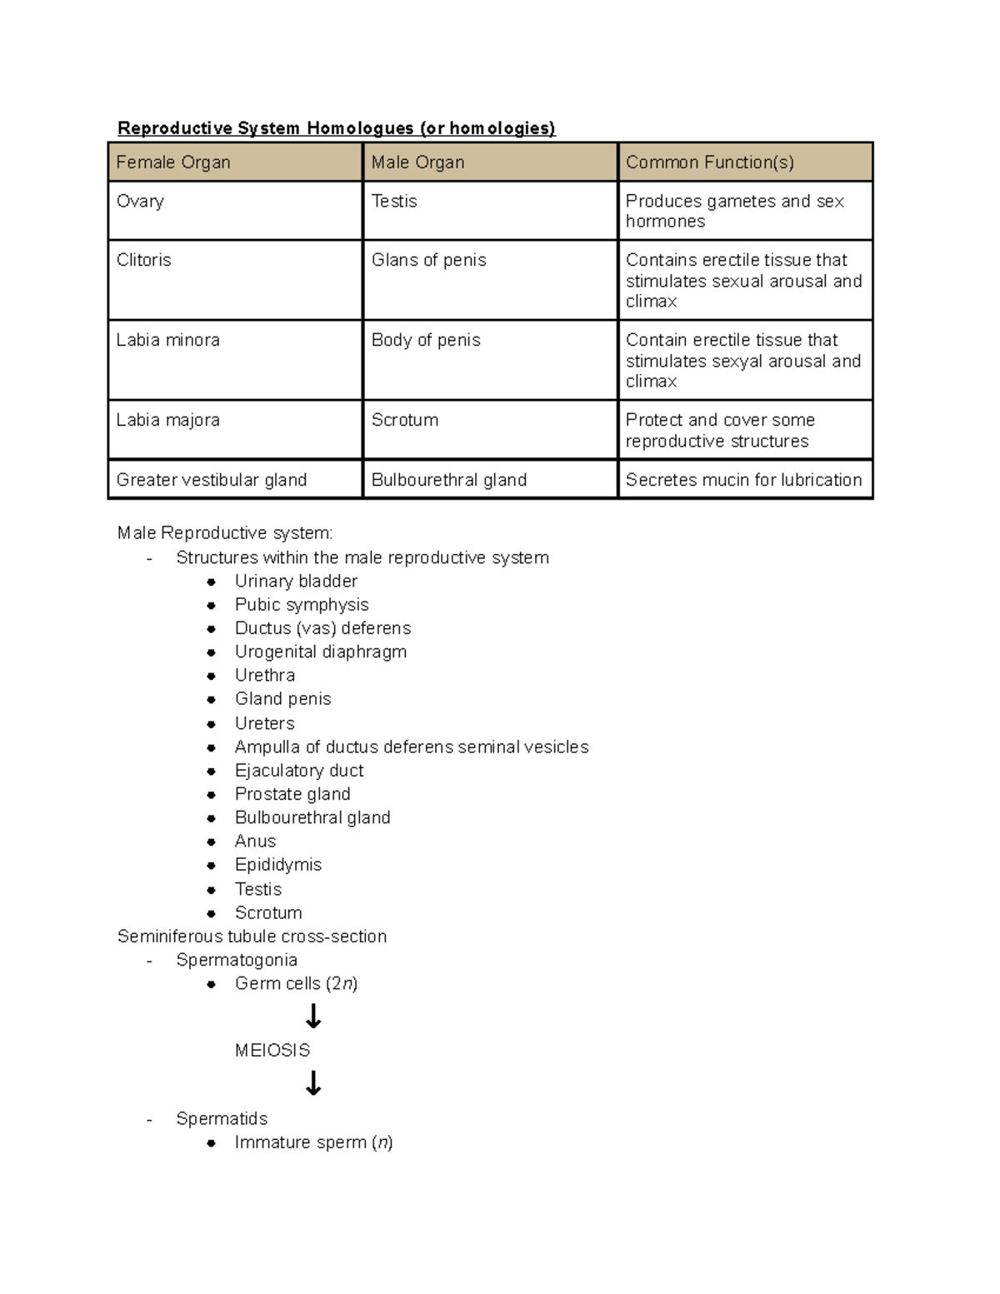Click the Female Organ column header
[173, 162]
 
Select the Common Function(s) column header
[709, 162]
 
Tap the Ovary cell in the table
[140, 201]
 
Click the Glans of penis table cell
[428, 260]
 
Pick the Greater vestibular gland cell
[212, 480]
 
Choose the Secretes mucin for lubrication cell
[743, 480]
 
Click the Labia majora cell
[168, 420]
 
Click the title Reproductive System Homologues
[336, 127]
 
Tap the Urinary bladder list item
[296, 581]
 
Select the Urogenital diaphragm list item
[321, 652]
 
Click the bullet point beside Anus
[212, 842]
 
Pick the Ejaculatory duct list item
[299, 771]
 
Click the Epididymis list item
[278, 865]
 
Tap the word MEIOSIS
[272, 1050]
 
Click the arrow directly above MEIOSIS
[313, 1017]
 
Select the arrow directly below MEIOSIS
[313, 1083]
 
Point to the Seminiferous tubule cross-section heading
[252, 937]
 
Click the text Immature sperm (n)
[313, 1142]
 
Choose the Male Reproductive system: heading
[225, 532]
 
